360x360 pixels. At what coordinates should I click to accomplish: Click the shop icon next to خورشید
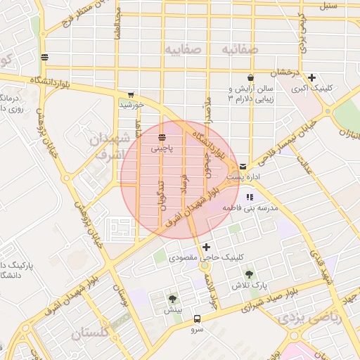click(131, 94)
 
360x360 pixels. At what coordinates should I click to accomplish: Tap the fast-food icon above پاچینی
click(162, 137)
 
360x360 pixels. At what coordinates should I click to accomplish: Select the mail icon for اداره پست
click(243, 167)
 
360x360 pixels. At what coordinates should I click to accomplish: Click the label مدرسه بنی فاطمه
click(251, 209)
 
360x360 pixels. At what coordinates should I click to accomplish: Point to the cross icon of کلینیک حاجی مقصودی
click(206, 247)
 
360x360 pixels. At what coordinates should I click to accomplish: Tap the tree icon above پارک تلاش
click(247, 274)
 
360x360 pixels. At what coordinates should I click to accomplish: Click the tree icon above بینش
click(173, 299)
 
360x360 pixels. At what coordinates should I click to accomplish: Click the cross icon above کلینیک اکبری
click(311, 77)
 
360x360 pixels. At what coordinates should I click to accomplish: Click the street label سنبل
click(328, 6)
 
